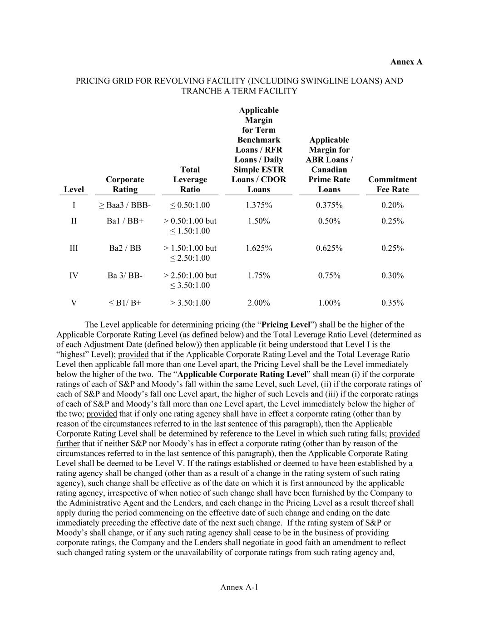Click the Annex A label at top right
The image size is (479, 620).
point(406,62)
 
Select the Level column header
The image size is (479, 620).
point(74,189)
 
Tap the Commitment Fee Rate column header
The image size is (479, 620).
point(392,184)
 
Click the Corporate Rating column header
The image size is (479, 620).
point(125,184)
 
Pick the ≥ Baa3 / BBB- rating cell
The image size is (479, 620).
point(125,205)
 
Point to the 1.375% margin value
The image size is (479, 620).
point(259,205)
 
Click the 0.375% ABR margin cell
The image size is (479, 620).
point(329,205)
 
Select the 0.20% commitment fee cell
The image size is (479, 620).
point(392,205)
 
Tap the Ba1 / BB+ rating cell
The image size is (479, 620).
point(125,221)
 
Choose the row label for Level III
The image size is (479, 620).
point(74,248)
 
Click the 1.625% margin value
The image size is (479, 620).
point(259,248)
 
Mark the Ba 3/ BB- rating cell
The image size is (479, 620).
point(125,275)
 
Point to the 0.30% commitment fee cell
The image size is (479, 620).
point(392,275)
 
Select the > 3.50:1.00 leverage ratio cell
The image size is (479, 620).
point(190,303)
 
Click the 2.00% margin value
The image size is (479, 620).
point(259,303)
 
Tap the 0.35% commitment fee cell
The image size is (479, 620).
point(392,303)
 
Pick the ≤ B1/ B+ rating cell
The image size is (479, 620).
point(125,303)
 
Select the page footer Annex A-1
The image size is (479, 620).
point(239,587)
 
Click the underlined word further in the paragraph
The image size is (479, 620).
point(68,444)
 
